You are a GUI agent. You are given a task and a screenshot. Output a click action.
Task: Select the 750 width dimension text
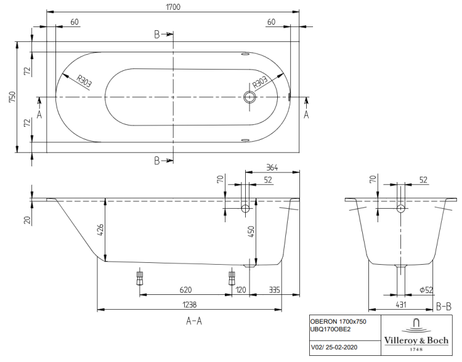click(12, 97)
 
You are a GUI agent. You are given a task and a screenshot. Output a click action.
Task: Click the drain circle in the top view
click(249, 97)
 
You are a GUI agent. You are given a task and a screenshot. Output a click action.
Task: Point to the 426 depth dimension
click(100, 231)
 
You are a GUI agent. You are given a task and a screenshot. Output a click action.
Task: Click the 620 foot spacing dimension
click(185, 289)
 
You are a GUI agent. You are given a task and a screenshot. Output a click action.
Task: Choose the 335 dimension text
click(275, 289)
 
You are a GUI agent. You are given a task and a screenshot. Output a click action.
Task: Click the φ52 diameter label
click(425, 289)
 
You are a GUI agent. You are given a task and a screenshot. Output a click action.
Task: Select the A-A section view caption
click(195, 321)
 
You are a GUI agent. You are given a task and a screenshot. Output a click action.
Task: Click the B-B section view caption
click(444, 306)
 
